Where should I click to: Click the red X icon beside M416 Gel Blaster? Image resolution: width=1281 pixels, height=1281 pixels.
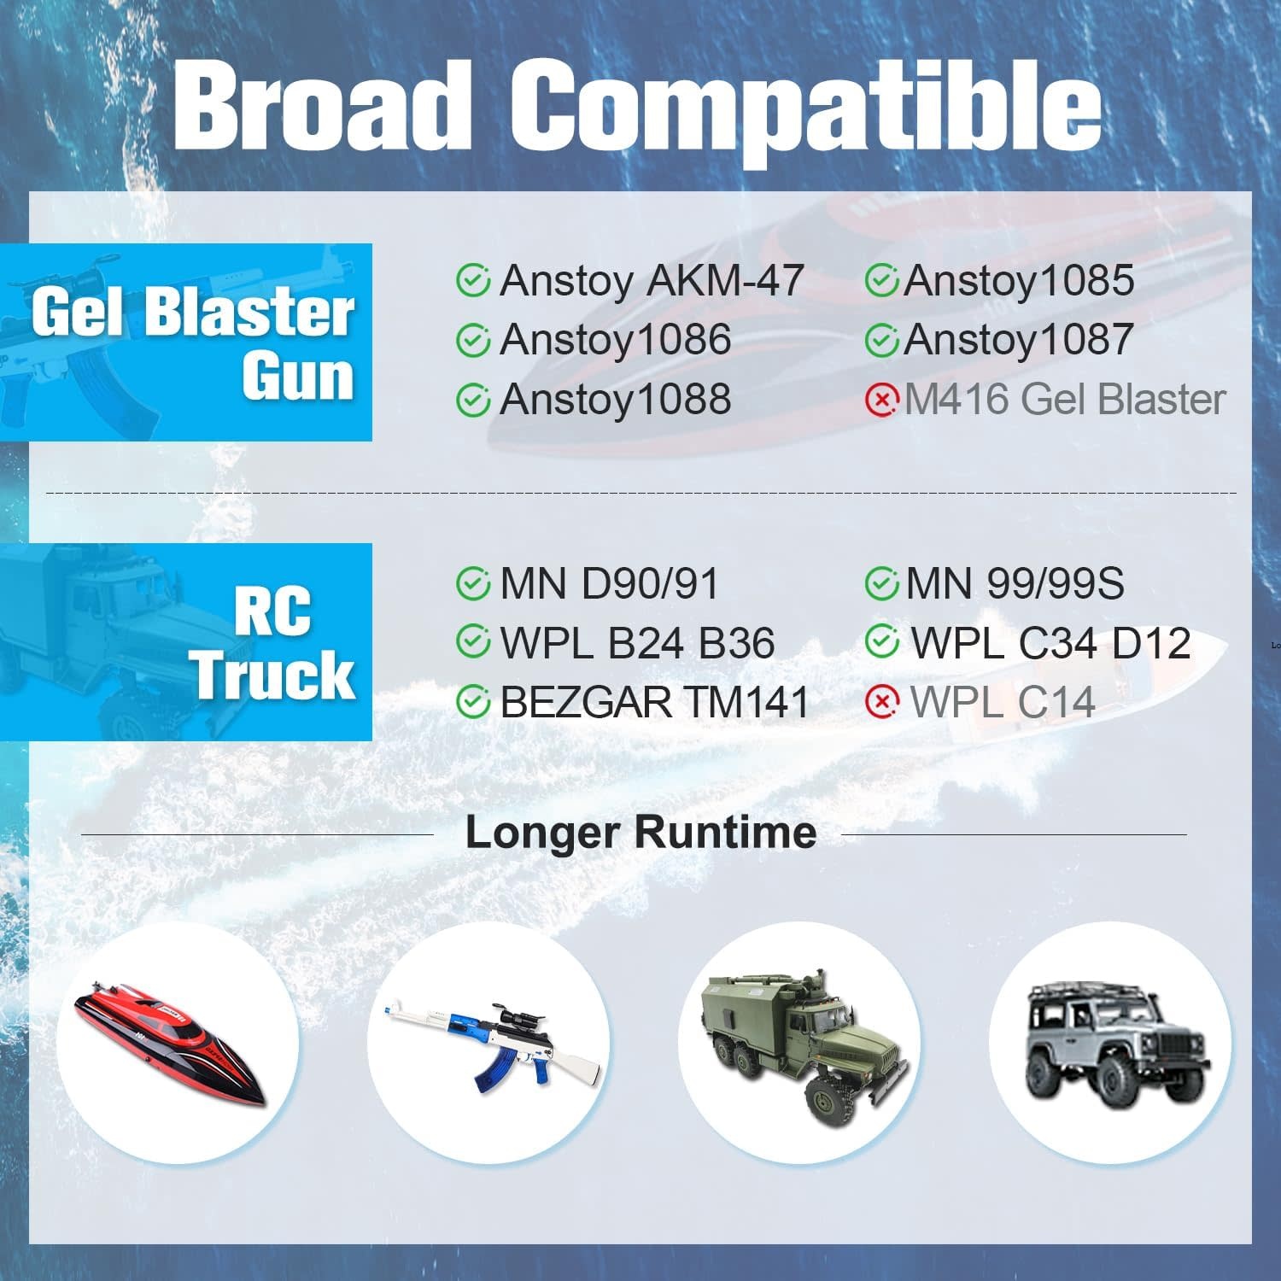pyautogui.click(x=881, y=400)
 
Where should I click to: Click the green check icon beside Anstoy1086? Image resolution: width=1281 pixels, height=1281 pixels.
pyautogui.click(x=472, y=340)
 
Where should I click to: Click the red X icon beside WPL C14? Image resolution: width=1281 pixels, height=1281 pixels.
pyautogui.click(x=881, y=702)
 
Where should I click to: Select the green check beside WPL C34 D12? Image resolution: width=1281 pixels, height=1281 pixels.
pyautogui.click(x=881, y=642)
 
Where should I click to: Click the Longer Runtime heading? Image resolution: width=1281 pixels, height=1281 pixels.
pyautogui.click(x=640, y=833)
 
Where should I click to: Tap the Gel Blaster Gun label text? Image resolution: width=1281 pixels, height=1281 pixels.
pyautogui.click(x=194, y=343)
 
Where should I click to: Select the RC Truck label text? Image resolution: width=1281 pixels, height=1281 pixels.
pyautogui.click(x=273, y=643)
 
